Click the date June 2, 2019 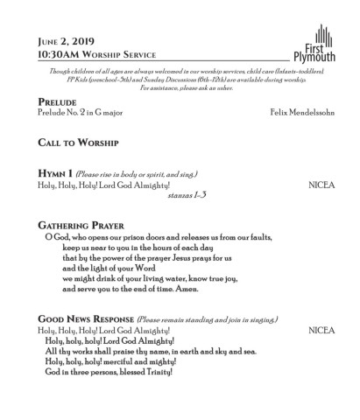click(x=65, y=40)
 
